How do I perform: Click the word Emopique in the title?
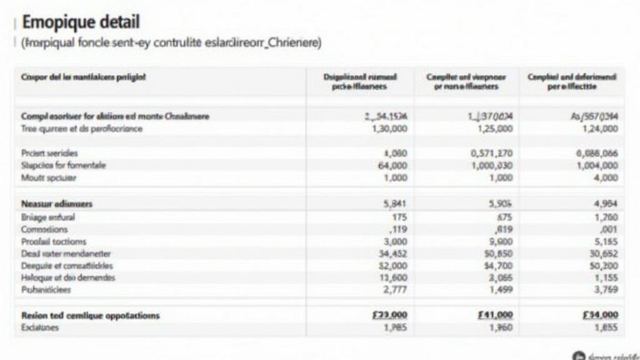59,22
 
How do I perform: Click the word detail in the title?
119,22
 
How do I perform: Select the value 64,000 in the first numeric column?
392,166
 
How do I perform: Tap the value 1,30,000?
389,129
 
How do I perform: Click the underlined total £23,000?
389,315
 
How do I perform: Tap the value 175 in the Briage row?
398,217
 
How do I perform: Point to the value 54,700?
498,266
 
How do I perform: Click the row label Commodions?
45,229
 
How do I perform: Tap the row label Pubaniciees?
46,290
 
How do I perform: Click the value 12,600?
393,277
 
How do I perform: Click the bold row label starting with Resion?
90,316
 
